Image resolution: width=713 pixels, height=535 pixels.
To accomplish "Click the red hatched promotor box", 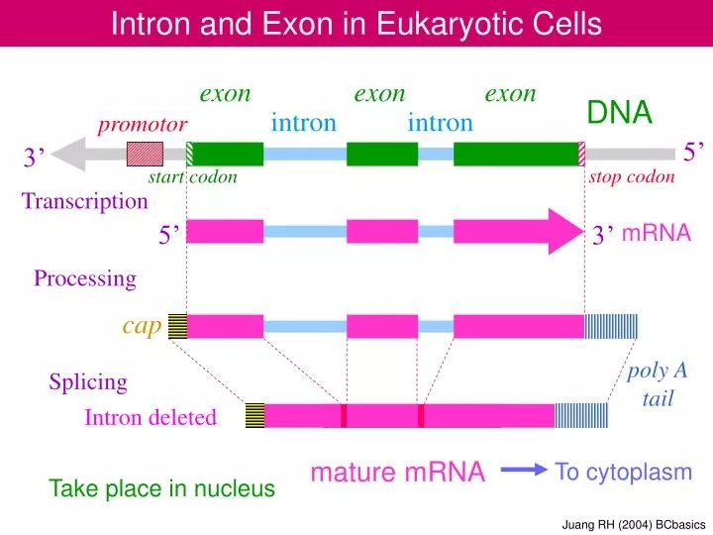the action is point(145,154).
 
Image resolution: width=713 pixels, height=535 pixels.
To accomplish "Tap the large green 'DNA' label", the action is point(619,114).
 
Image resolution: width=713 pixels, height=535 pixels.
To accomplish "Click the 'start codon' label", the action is point(192,178).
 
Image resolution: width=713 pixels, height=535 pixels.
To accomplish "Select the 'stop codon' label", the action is point(631,178).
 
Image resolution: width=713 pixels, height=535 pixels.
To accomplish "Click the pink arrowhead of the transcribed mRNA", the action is point(566,232).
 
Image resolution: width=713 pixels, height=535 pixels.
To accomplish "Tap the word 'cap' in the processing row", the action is point(142,326).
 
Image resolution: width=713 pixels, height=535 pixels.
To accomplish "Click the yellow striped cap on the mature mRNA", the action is point(255,416).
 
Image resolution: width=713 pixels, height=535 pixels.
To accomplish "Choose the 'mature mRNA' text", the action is point(397,474).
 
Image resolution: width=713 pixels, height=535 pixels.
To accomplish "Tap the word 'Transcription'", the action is point(85,202).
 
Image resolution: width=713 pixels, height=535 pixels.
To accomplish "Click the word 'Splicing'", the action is point(88,381).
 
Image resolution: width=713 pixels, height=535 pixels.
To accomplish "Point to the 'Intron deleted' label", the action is point(151,418).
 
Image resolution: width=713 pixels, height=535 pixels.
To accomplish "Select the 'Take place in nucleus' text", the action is point(162,488).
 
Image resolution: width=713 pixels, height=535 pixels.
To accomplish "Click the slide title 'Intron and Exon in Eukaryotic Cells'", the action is point(356,23).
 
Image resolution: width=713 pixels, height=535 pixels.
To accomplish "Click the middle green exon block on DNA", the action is point(381,154).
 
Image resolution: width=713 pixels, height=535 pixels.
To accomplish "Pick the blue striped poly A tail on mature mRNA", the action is point(580,416).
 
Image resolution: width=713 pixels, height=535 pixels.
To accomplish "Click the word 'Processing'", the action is point(85,278).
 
